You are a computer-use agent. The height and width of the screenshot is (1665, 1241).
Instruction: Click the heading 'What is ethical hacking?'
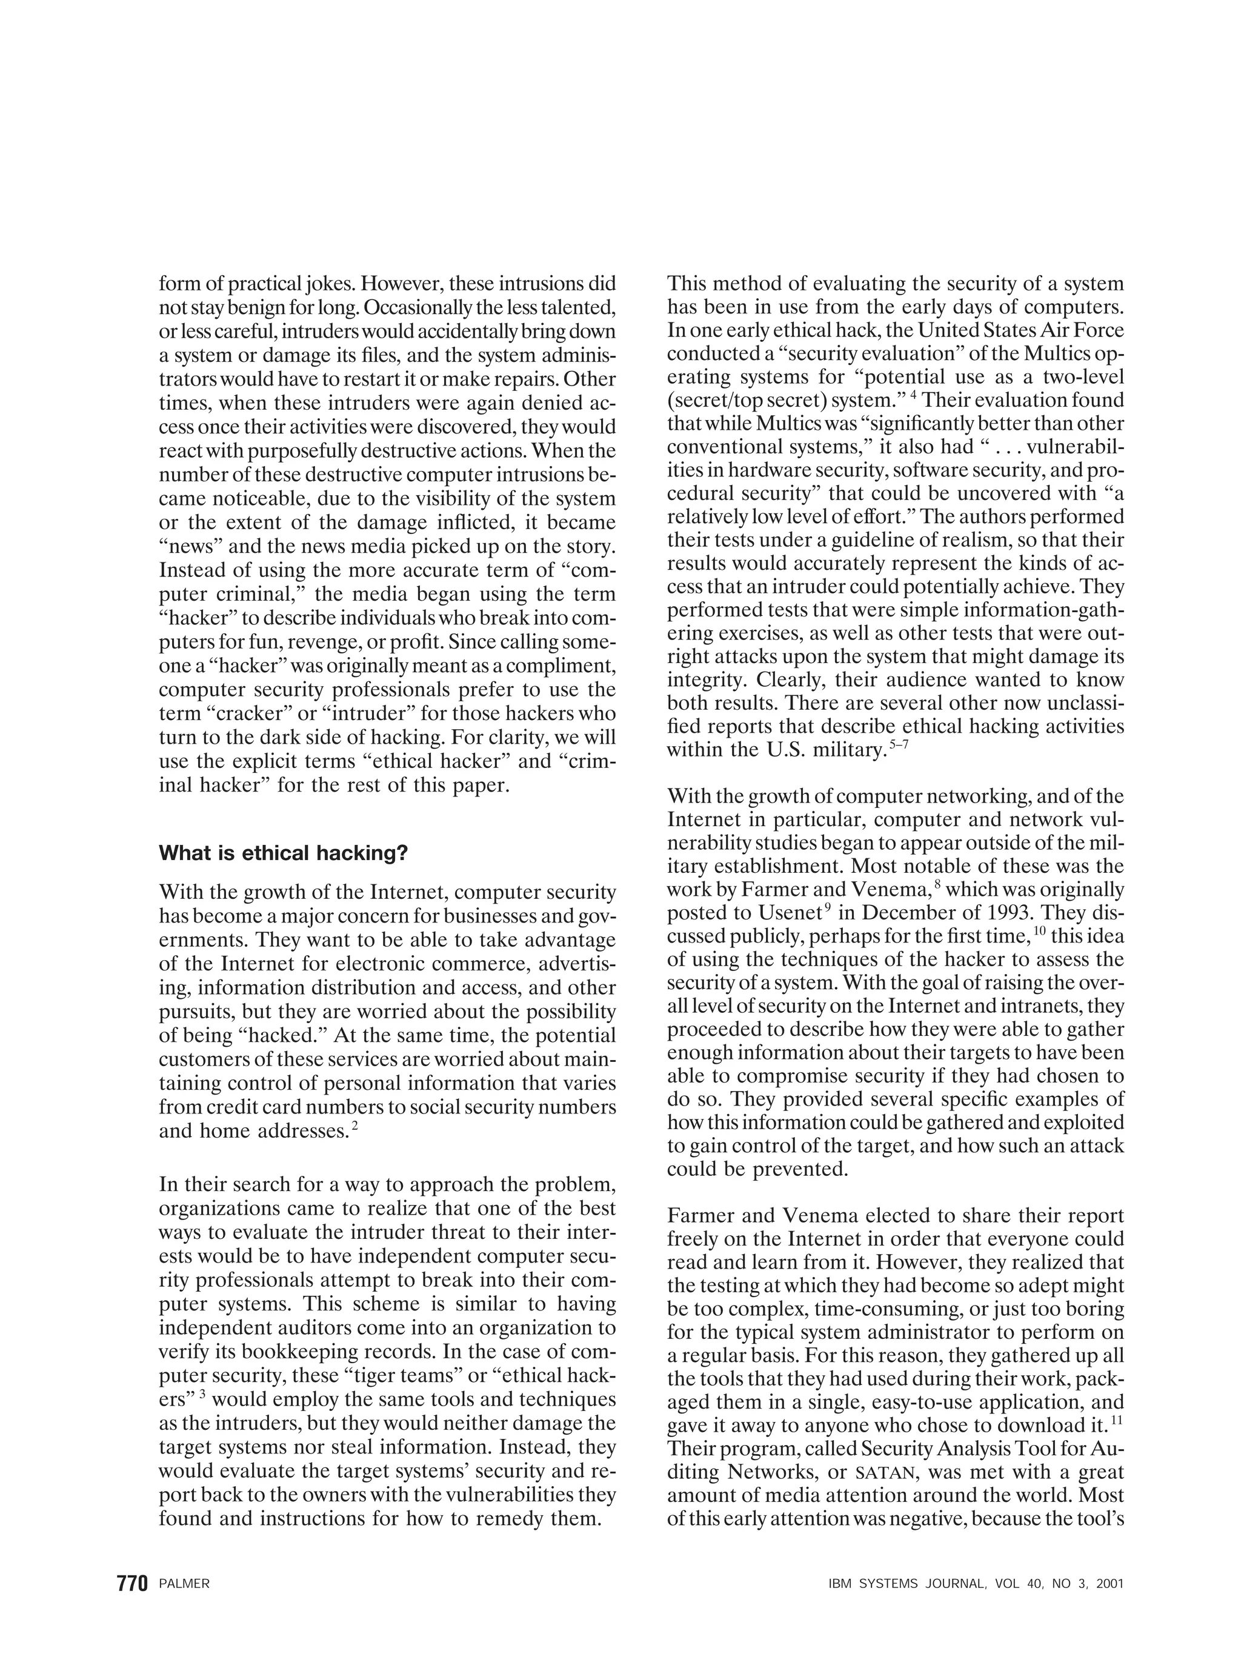[283, 853]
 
